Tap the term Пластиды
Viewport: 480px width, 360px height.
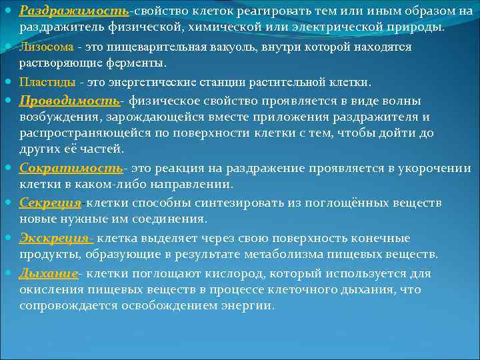(47, 82)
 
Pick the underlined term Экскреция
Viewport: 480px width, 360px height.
(56, 238)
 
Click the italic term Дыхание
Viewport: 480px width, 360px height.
(49, 273)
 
